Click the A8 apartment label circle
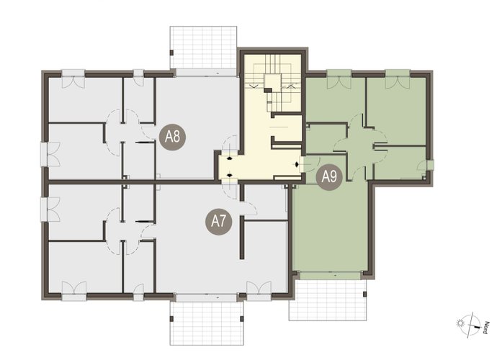[172, 138]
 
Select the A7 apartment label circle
[218, 221]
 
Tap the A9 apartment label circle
[329, 177]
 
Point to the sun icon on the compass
[460, 323]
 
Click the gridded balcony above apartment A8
[203, 48]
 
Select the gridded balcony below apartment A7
[207, 323]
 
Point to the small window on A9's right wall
[430, 165]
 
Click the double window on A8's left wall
[50, 154]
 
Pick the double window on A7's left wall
[50, 209]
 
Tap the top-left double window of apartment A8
[73, 78]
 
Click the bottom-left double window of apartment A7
[74, 291]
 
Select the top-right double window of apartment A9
[398, 79]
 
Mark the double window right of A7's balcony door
[259, 291]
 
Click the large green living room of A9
[330, 228]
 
